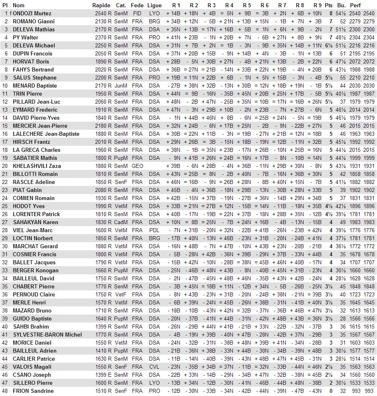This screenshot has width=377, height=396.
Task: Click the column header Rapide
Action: click(101, 5)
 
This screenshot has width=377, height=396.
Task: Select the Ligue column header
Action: click(155, 5)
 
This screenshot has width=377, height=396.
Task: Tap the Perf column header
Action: click(355, 5)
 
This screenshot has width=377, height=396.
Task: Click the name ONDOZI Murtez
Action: click(32, 13)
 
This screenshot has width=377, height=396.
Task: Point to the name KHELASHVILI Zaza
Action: click(37, 166)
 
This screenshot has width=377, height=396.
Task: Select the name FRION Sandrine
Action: click(33, 391)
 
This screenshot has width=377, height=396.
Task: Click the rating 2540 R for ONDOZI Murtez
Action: click(103, 13)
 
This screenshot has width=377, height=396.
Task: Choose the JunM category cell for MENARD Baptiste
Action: click(121, 86)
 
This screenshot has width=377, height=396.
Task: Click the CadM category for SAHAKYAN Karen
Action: click(121, 222)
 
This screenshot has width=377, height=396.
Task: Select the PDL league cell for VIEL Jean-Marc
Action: click(154, 230)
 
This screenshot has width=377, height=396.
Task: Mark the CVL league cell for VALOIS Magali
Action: click(154, 367)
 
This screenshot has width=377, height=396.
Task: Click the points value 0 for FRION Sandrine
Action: click(331, 391)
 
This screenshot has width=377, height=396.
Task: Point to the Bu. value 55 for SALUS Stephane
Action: click(342, 78)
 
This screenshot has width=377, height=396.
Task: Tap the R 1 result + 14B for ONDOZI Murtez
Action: click(173, 13)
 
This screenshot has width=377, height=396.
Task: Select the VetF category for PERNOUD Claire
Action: click(121, 294)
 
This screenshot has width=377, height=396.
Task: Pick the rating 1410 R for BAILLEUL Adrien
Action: click(103, 351)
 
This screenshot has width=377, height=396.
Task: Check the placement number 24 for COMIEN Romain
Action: click(5, 198)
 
